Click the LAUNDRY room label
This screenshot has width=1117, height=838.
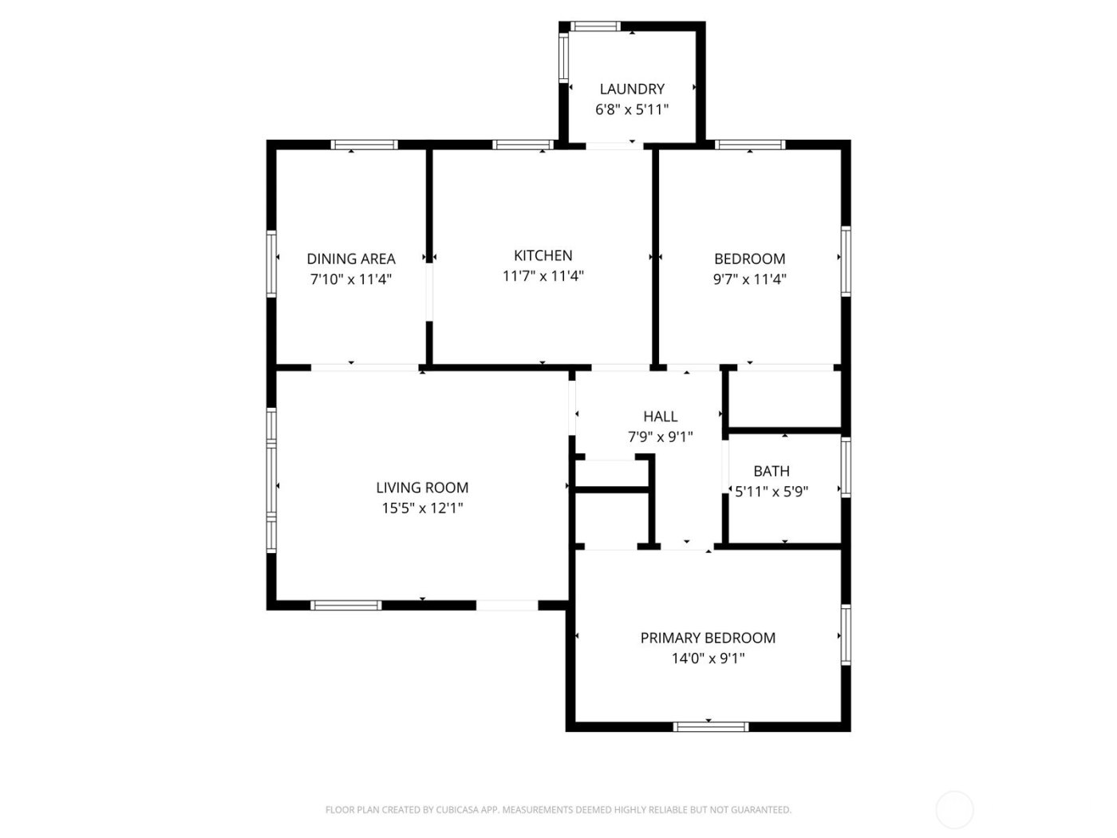click(x=631, y=89)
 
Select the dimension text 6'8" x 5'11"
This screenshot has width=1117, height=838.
click(x=631, y=109)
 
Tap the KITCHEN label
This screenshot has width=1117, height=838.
click(x=543, y=255)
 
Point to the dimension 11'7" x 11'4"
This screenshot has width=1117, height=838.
click(x=543, y=276)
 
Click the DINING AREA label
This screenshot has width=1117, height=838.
click(x=351, y=259)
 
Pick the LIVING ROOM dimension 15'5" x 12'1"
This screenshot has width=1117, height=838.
click(x=422, y=508)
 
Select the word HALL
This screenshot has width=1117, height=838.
click(x=661, y=417)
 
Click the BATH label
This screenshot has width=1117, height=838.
click(x=772, y=471)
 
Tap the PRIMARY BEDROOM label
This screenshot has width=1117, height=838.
click(x=708, y=638)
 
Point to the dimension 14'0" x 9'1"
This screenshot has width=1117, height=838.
click(x=708, y=658)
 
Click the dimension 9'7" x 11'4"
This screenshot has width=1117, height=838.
click(x=750, y=279)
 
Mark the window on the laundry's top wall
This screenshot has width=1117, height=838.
click(x=595, y=26)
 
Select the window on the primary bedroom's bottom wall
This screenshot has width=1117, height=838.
click(x=711, y=726)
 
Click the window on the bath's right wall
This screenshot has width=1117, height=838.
click(x=846, y=467)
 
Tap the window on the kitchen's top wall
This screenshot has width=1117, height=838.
click(x=523, y=144)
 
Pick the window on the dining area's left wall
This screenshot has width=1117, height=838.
click(x=271, y=263)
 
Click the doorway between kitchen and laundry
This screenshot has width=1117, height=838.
click(x=611, y=146)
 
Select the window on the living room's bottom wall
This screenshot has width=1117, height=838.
click(x=346, y=605)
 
